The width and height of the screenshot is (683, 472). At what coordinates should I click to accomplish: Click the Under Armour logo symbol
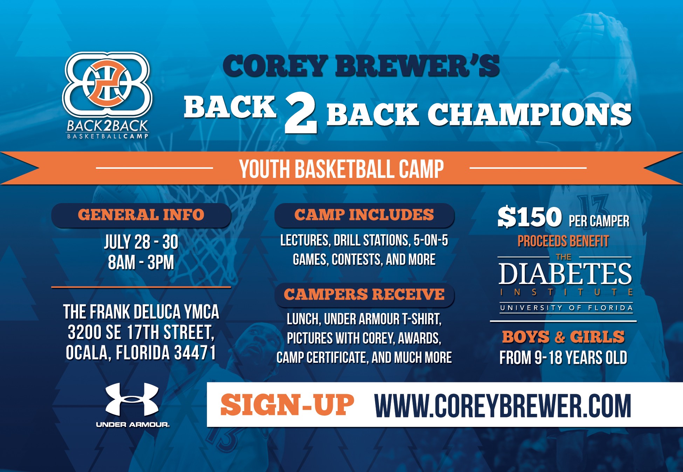[x=132, y=400]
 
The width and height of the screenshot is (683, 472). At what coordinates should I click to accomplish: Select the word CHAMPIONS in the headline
[x=530, y=114]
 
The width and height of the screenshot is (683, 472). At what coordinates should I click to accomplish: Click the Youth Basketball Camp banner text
[x=341, y=169]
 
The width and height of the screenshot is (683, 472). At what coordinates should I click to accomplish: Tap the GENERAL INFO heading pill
[x=141, y=215]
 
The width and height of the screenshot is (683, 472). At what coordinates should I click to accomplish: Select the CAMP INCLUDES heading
[x=364, y=215]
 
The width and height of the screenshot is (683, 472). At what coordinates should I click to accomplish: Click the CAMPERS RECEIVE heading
[x=364, y=294]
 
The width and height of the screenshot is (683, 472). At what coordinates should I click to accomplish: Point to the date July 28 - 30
[x=141, y=242]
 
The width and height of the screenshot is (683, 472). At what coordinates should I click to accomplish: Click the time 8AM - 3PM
[x=141, y=262]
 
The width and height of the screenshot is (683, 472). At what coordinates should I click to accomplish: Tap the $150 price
[x=530, y=217]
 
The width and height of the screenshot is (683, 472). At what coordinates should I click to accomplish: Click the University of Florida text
[x=566, y=308]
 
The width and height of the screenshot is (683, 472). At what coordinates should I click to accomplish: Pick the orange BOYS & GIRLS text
[x=564, y=337]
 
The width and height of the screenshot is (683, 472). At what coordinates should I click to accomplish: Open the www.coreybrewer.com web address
[x=503, y=405]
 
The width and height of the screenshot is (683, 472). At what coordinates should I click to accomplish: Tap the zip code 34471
[x=195, y=353]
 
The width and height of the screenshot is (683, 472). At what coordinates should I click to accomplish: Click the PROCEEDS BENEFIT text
[x=563, y=241]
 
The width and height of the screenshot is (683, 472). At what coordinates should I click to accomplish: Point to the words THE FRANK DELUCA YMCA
[x=141, y=312]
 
